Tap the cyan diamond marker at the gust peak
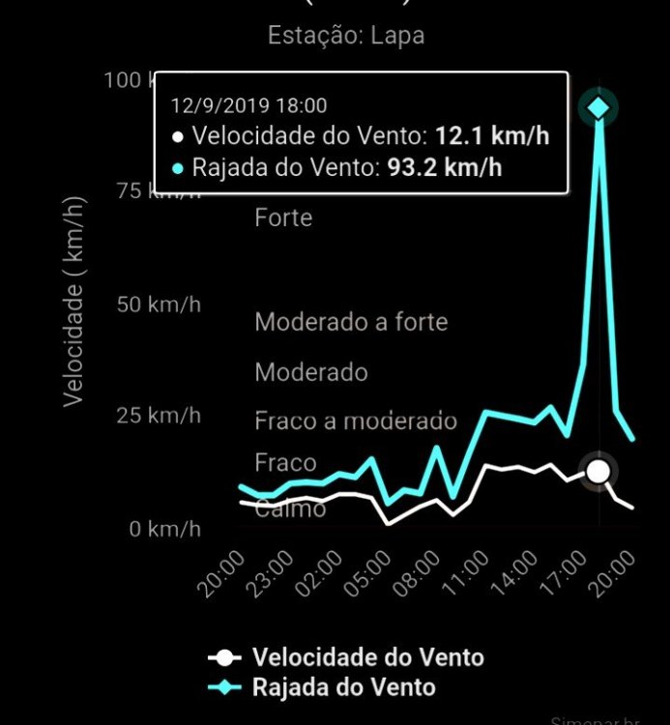click(x=598, y=107)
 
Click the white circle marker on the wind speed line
click(x=599, y=471)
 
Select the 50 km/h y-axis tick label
click(x=160, y=304)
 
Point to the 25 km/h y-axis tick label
click(x=160, y=417)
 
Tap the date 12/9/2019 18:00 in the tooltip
click(x=248, y=105)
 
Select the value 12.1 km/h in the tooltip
click(x=492, y=135)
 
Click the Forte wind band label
click(x=283, y=217)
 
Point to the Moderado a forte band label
click(x=351, y=321)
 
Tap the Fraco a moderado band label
click(x=355, y=420)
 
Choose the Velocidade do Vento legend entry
click(x=367, y=657)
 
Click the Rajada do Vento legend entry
click(x=343, y=687)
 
